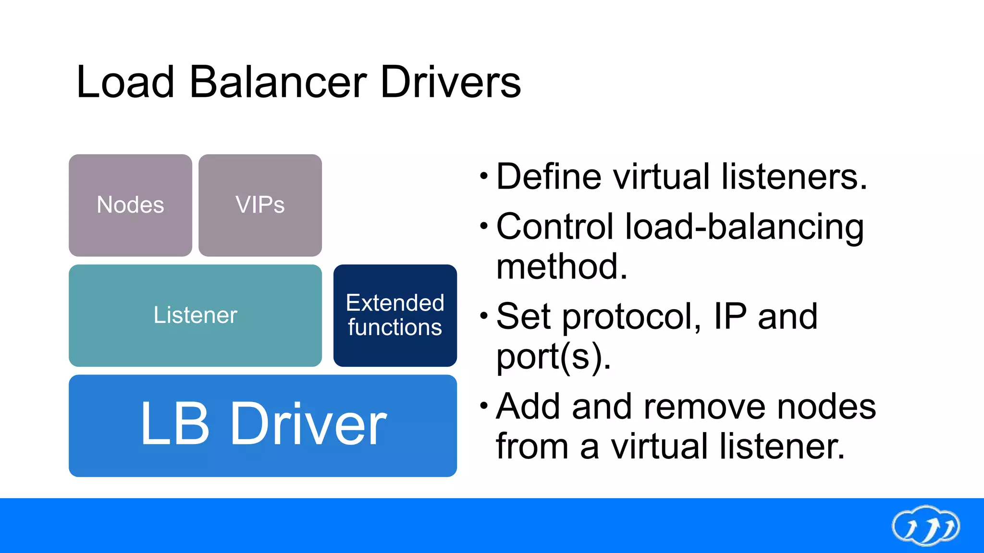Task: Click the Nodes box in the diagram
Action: [x=130, y=205]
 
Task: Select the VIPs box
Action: [x=260, y=205]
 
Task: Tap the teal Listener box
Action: [x=195, y=315]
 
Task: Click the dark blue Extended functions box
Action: [x=395, y=315]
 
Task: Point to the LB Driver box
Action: [x=263, y=425]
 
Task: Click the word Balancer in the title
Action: [x=278, y=82]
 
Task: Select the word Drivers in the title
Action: [x=450, y=82]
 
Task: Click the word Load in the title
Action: [x=125, y=82]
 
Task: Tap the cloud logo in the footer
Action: [x=925, y=526]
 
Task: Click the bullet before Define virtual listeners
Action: [x=484, y=176]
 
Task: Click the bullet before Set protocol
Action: [x=484, y=316]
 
